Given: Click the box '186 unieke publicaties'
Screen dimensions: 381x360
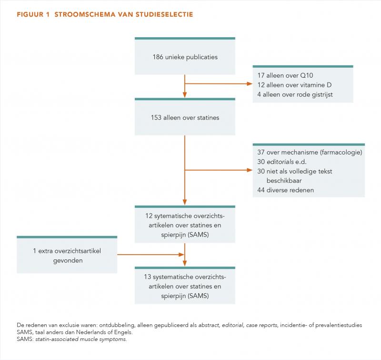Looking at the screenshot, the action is click(x=185, y=56).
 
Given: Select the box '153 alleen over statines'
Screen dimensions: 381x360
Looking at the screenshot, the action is click(x=185, y=117).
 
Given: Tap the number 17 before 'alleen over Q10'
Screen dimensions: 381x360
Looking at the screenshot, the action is click(x=261, y=75).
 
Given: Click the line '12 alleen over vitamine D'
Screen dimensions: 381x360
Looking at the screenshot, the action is click(x=294, y=85).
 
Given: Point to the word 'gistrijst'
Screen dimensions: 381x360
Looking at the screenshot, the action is click(x=322, y=94).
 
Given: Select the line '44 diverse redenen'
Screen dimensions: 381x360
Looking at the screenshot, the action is click(x=285, y=190).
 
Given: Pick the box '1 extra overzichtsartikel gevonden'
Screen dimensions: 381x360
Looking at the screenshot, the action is click(x=67, y=255).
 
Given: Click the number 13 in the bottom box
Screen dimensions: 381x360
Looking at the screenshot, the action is click(x=148, y=277).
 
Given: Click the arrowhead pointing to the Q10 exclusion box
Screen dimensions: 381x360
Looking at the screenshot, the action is click(x=250, y=83).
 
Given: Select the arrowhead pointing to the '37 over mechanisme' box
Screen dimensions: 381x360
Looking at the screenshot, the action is click(x=250, y=170).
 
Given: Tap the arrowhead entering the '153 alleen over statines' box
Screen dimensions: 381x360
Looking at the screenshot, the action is click(x=185, y=95).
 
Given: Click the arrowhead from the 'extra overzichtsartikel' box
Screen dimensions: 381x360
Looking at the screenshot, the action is click(x=181, y=255).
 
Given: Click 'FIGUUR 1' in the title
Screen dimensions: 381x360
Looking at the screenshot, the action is click(x=33, y=14).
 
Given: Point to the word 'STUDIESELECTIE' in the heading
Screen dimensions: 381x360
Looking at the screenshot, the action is click(x=164, y=14).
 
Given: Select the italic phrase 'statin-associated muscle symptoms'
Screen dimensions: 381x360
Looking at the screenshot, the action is click(x=81, y=339).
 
